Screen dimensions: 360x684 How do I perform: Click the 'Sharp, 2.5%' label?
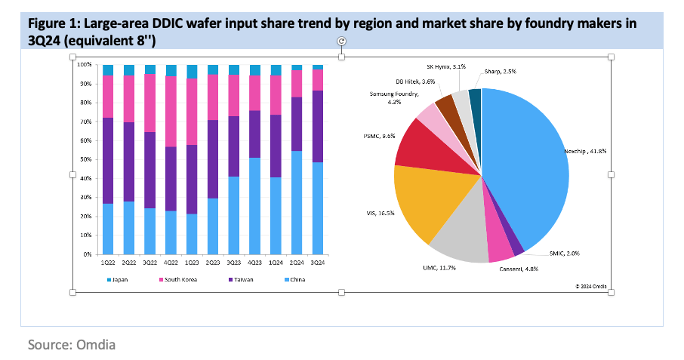(x=498, y=72)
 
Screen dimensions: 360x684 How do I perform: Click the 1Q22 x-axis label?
(x=108, y=263)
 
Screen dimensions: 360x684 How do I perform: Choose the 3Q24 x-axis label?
(x=318, y=263)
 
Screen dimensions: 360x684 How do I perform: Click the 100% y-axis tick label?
(x=84, y=64)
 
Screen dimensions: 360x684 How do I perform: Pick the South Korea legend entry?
(x=179, y=280)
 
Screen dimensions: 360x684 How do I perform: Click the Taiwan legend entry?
(x=241, y=280)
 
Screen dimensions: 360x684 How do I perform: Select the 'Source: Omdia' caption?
(x=72, y=345)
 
